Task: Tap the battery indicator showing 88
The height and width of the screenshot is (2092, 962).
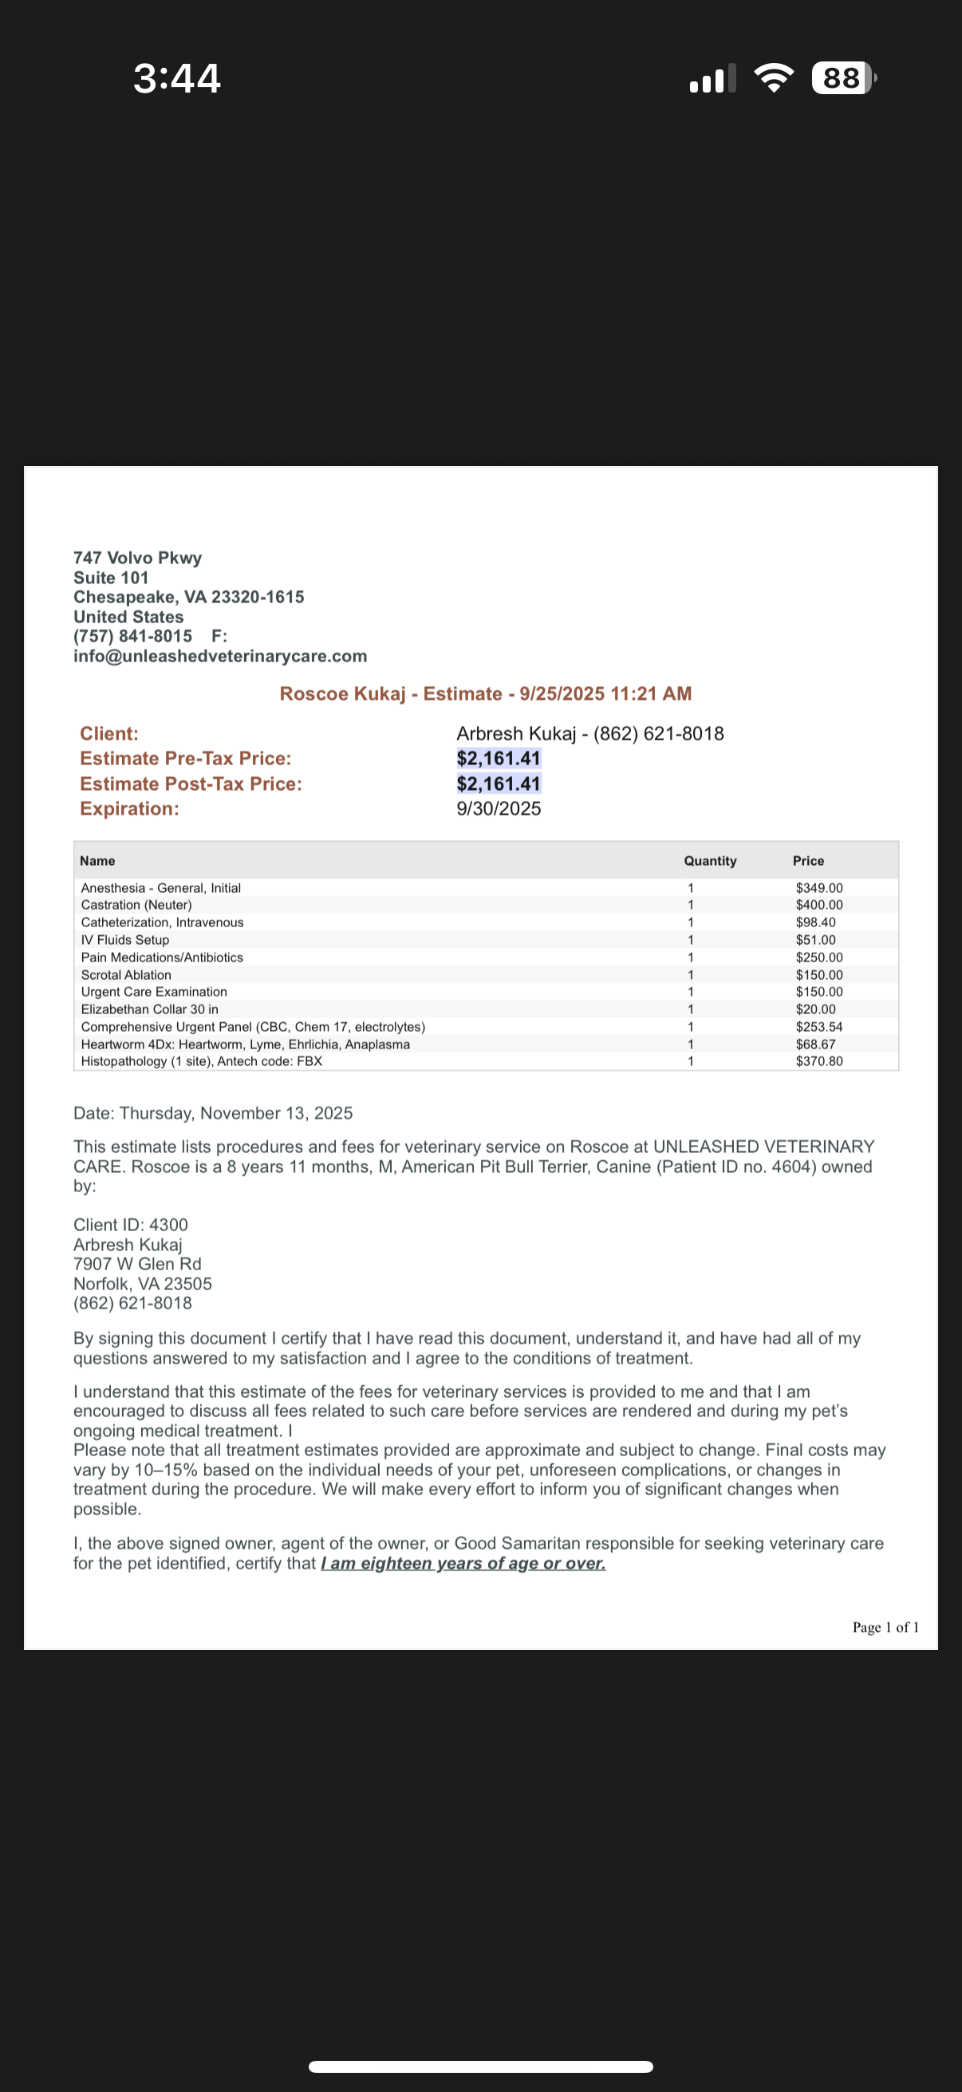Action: pos(842,78)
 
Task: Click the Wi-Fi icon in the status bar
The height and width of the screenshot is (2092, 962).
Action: pos(774,78)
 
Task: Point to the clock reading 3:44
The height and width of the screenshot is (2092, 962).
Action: pos(177,79)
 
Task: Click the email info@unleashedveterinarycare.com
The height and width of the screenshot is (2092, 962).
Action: pos(220,656)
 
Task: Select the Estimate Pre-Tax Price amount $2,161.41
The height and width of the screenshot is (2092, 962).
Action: pos(499,759)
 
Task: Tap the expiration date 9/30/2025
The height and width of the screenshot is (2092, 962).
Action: pos(499,809)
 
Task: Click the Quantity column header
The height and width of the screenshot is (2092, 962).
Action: pos(709,861)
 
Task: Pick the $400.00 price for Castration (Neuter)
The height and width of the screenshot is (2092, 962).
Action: pos(818,905)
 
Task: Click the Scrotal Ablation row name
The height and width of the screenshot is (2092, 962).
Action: pos(126,974)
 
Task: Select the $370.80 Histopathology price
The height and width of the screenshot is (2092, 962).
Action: pos(818,1061)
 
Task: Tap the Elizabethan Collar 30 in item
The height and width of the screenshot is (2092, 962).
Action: pos(149,1009)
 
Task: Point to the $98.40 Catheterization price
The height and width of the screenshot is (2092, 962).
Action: pos(815,922)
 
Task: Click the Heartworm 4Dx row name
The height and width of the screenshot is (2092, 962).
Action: pos(245,1044)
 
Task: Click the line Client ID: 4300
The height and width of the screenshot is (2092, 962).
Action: pos(131,1225)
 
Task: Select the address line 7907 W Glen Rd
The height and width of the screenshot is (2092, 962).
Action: pos(137,1264)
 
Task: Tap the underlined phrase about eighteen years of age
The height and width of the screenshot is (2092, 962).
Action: pos(463,1563)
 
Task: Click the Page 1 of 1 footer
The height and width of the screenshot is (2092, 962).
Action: pos(885,1628)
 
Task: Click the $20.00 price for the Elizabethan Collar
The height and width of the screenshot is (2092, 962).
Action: pos(815,1009)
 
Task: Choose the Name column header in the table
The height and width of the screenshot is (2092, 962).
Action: pos(97,861)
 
